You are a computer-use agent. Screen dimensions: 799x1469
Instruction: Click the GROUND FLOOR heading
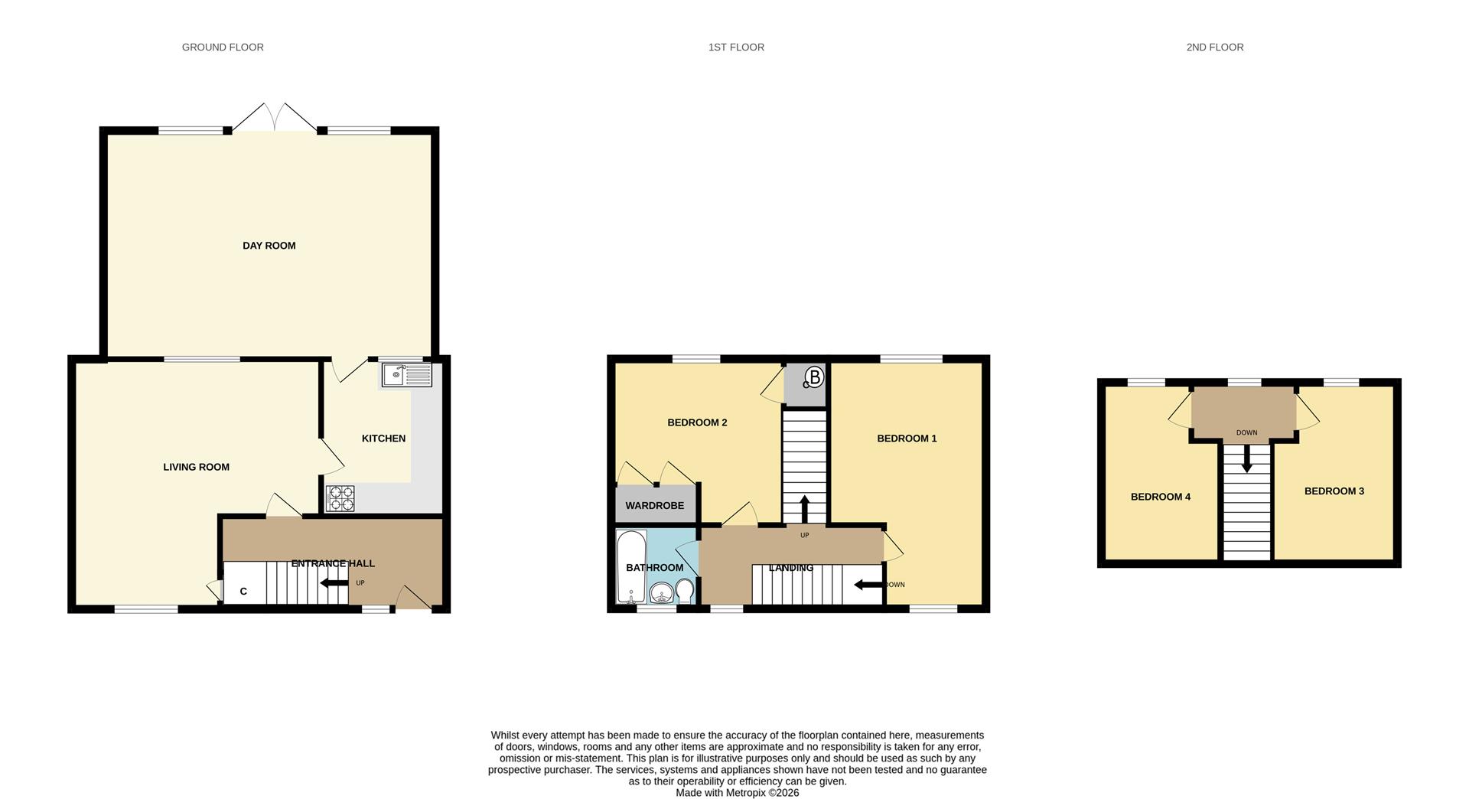pyautogui.click(x=223, y=47)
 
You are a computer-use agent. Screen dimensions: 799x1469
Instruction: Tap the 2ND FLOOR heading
pyautogui.click(x=1214, y=47)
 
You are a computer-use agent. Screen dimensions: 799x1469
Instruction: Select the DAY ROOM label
pyautogui.click(x=269, y=246)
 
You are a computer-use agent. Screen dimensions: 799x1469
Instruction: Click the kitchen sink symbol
pyautogui.click(x=407, y=375)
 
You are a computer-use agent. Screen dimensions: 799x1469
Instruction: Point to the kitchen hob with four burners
pyautogui.click(x=340, y=498)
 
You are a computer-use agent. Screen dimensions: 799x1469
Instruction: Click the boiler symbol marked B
pyautogui.click(x=813, y=377)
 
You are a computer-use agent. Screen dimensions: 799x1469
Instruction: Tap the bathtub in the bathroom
pyautogui.click(x=631, y=566)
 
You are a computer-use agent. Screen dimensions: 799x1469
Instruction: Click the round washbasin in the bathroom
pyautogui.click(x=661, y=592)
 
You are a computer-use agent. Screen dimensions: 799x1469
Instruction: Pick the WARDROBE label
pyautogui.click(x=654, y=506)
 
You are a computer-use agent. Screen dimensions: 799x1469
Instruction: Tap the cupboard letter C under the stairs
pyautogui.click(x=243, y=592)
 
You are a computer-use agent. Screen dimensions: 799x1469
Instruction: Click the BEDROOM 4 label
pyautogui.click(x=1160, y=497)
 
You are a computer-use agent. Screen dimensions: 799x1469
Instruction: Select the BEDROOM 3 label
pyautogui.click(x=1334, y=491)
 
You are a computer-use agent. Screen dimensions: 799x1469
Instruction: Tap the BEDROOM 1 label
pyautogui.click(x=907, y=439)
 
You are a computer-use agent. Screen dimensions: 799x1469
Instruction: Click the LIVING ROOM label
pyautogui.click(x=196, y=467)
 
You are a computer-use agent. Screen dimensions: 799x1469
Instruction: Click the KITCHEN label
pyautogui.click(x=383, y=439)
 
